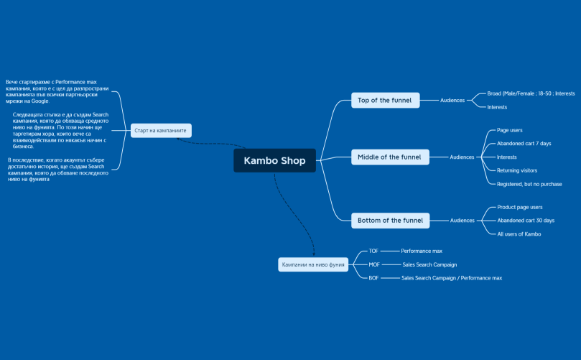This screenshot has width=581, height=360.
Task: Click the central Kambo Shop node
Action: [x=274, y=161]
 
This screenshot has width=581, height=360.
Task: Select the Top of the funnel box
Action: [x=384, y=100]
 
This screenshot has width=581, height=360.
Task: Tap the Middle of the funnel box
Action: [x=389, y=157]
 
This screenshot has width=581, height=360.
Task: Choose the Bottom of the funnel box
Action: [x=390, y=221]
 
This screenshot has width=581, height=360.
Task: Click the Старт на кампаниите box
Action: [x=161, y=131]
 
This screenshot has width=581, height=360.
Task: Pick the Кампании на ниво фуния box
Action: [x=314, y=264]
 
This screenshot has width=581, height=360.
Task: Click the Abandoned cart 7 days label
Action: [x=524, y=144]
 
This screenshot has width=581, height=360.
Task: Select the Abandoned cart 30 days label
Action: [x=526, y=221]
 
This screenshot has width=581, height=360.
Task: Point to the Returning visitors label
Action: [x=516, y=170]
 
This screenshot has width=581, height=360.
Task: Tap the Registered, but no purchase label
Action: [x=529, y=184]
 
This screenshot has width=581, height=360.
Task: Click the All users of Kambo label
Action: [x=519, y=234]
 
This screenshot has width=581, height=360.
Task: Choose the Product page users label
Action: [x=519, y=207]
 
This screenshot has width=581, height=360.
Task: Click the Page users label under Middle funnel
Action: [x=509, y=130]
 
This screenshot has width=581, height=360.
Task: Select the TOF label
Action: [x=373, y=251]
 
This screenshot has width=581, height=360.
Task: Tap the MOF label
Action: [x=373, y=264]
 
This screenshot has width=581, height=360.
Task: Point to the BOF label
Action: [x=373, y=277]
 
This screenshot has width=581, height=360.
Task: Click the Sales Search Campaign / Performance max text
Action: [x=451, y=277]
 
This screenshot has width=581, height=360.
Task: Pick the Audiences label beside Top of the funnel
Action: [x=452, y=100]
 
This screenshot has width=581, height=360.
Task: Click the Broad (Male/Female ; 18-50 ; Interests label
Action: [x=531, y=93]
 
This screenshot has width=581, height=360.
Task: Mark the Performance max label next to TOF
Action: [x=421, y=251]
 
